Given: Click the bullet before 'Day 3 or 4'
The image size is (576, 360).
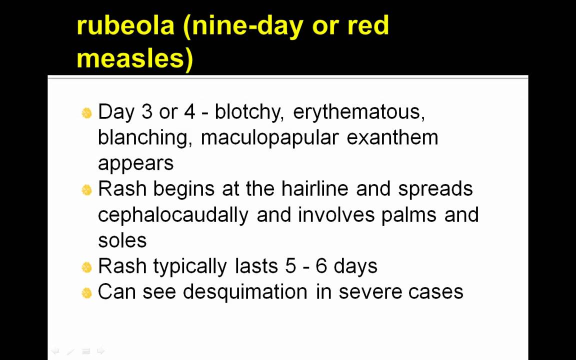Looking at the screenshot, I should pos(86,113).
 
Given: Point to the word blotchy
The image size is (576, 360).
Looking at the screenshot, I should pos(249,112).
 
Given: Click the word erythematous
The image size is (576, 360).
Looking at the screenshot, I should pos(358,112).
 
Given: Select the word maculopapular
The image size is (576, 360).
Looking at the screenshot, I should pos(269,137).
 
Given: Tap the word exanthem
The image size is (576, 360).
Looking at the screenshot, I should pos(392,137).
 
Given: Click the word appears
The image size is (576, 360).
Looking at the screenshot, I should pos(135,163).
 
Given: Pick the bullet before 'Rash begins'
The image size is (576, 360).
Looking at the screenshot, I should pos(86,190).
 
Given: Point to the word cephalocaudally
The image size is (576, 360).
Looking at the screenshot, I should pos(173,214).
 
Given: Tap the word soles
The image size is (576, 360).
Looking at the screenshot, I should pos(122,240).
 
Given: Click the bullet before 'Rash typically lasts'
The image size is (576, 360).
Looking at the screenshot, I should pos(86,267).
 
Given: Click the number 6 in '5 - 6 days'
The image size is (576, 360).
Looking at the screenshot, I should pos(321,266).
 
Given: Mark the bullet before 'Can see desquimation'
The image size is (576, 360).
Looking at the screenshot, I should pos(86,293).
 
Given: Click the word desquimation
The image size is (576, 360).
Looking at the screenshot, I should pos(244,292).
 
